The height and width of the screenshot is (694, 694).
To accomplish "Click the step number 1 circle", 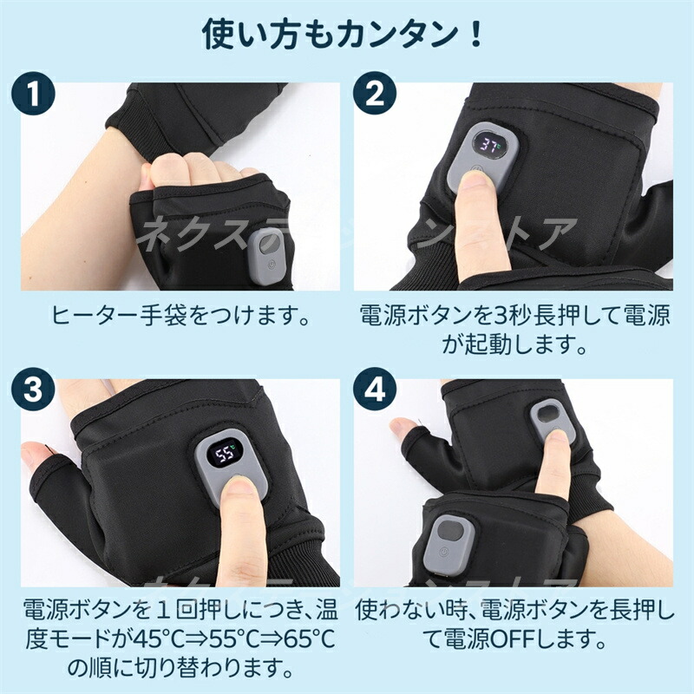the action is click(x=34, y=94).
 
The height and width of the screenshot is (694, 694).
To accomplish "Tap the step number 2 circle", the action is click(x=375, y=94).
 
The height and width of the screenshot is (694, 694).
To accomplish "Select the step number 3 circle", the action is click(x=34, y=390).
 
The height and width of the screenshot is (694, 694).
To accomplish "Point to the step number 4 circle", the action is click(x=375, y=390).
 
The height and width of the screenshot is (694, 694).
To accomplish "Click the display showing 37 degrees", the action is click(x=489, y=145).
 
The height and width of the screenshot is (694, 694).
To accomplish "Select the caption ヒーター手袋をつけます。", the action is click(x=181, y=316).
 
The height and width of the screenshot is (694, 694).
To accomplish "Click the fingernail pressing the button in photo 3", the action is click(x=239, y=486).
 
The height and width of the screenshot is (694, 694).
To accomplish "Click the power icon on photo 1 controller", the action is click(x=271, y=265).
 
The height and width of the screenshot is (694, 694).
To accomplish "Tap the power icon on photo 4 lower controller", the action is click(x=443, y=553).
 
